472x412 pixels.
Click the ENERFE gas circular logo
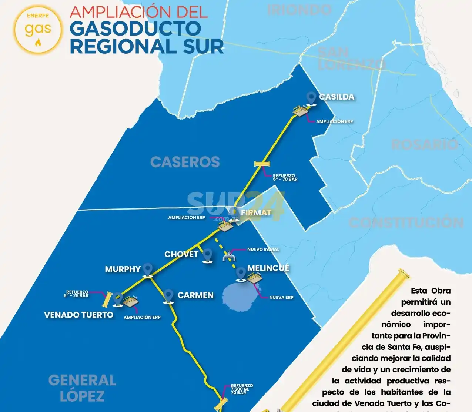click(38, 29)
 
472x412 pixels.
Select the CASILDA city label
click(337, 97)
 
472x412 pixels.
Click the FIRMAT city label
click(256, 212)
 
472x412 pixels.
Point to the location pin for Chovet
click(208, 255)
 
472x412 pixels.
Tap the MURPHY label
click(123, 269)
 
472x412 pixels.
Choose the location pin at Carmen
click(169, 297)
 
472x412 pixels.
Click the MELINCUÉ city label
click(268, 268)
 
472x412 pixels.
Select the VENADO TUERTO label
click(78, 315)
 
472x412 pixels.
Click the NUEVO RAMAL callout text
click(263, 249)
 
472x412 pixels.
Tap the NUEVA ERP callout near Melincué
click(281, 297)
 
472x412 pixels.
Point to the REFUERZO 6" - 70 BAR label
click(285, 177)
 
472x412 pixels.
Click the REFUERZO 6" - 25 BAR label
click(76, 294)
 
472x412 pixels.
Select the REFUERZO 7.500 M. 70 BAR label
click(242, 389)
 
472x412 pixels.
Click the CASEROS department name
click(185, 162)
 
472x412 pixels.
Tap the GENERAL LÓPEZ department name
click(82, 388)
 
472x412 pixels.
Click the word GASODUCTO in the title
click(135, 29)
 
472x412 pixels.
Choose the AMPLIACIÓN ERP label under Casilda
click(334, 121)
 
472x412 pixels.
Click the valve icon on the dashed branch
click(228, 256)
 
